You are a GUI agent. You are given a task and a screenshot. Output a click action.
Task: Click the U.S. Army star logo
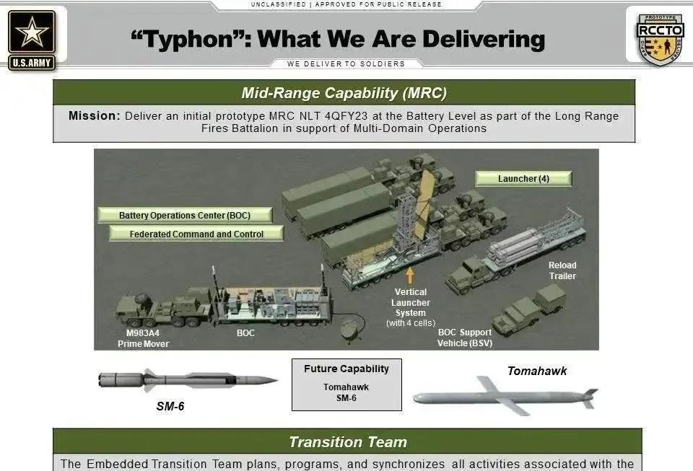(x=32, y=40)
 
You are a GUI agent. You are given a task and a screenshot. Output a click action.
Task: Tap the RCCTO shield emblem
(x=660, y=40)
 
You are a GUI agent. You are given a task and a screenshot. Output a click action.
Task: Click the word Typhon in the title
(x=188, y=40)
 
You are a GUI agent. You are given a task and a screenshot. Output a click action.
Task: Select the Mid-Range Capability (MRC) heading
(x=344, y=93)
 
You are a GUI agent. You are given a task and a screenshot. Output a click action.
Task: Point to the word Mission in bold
(x=94, y=115)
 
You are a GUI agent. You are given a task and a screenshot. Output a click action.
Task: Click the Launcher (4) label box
(x=523, y=178)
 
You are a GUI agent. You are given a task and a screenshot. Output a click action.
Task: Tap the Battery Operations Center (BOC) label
(x=185, y=215)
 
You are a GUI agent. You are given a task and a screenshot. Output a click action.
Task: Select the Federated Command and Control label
(x=196, y=234)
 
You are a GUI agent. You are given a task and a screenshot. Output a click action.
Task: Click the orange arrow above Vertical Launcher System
(x=410, y=275)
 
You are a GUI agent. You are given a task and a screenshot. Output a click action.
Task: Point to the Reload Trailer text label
(x=562, y=270)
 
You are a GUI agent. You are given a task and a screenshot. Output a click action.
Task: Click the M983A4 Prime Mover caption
(x=143, y=338)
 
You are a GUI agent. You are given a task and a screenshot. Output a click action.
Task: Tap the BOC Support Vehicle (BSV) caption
(x=464, y=338)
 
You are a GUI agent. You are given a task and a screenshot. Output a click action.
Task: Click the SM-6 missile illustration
(x=188, y=380)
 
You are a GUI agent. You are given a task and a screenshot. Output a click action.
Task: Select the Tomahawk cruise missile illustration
(x=505, y=396)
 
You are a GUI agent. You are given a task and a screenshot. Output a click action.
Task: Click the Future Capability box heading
(x=346, y=369)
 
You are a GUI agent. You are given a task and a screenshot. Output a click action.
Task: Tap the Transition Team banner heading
(x=348, y=442)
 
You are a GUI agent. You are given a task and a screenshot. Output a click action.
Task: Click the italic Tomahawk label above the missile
(x=537, y=371)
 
